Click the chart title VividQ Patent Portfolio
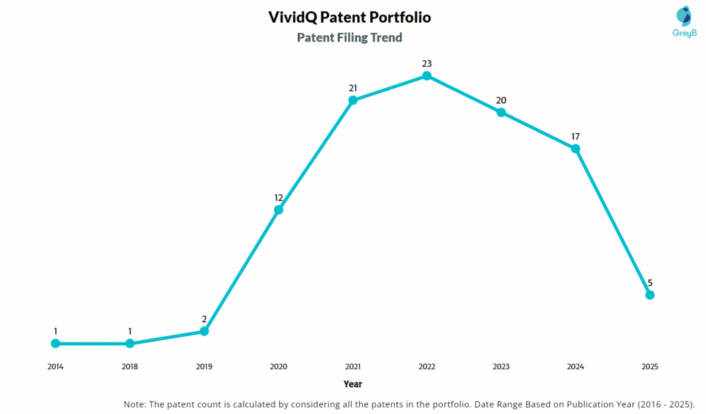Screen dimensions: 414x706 click(350, 17)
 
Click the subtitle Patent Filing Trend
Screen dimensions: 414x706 click(350, 38)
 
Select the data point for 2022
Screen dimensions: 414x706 click(427, 76)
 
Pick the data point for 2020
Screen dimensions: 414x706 click(279, 209)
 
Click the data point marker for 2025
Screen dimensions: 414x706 click(649, 295)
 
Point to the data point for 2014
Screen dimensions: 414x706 click(56, 343)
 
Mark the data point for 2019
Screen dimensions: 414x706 click(204, 331)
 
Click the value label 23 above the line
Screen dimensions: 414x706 click(427, 63)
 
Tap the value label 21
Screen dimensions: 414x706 click(352, 88)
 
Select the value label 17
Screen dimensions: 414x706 click(575, 136)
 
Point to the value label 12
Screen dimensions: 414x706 click(279, 198)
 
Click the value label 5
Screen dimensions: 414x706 click(649, 282)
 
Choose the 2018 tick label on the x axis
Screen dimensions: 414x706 click(130, 366)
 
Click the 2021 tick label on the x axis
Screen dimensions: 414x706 click(352, 366)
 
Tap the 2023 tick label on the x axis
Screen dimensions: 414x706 click(501, 366)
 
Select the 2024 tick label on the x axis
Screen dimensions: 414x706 click(575, 366)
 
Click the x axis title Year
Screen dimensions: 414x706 click(352, 384)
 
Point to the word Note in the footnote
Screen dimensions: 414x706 click(136, 404)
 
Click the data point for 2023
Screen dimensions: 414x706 click(501, 112)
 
